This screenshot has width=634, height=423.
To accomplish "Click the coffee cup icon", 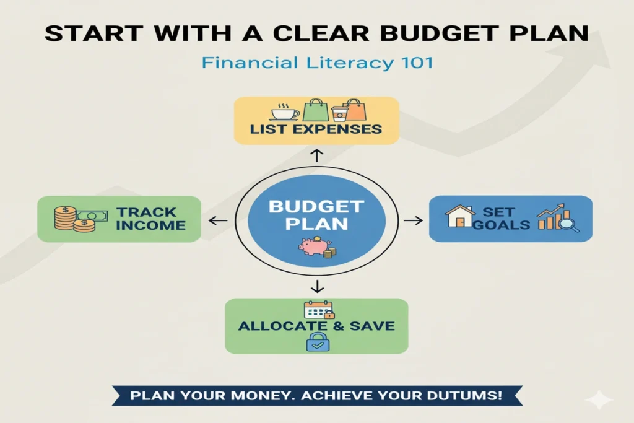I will click(x=285, y=113).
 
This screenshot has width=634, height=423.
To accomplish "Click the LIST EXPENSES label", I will click(x=316, y=129).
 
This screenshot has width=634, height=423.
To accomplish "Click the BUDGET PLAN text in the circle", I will click(x=316, y=214).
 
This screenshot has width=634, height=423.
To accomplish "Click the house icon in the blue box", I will click(x=459, y=217).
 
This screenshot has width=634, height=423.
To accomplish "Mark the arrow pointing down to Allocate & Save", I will click(x=316, y=286).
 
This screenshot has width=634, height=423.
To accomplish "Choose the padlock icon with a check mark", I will click(x=317, y=341).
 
